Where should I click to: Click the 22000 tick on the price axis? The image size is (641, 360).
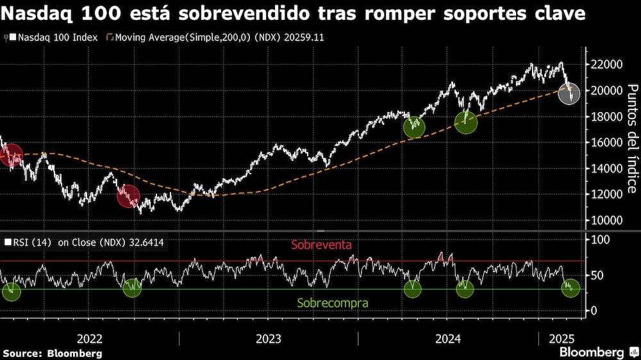click(x=606, y=65)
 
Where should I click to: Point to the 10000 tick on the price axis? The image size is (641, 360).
click(x=606, y=220)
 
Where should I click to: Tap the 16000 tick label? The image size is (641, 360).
click(x=606, y=142)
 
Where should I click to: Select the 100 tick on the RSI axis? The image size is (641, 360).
click(x=601, y=240)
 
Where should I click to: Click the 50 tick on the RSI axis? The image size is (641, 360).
click(x=598, y=275)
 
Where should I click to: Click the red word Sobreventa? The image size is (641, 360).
click(x=321, y=245)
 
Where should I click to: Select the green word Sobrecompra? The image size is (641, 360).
click(x=333, y=303)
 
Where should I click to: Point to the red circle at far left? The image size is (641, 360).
click(x=11, y=155)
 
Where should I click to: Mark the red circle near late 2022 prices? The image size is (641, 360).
click(x=128, y=196)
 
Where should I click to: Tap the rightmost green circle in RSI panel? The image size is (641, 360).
click(x=570, y=288)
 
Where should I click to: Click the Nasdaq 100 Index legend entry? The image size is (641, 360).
click(x=54, y=37)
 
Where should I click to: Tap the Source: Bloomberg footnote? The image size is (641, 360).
click(x=53, y=353)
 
